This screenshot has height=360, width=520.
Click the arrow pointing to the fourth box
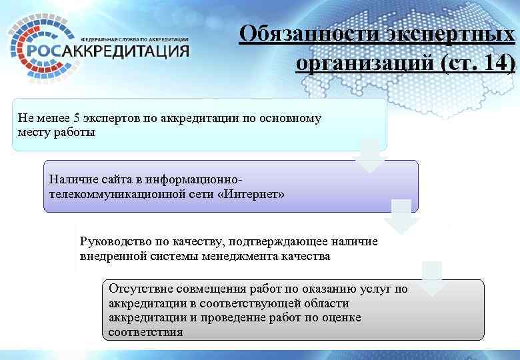432,279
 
